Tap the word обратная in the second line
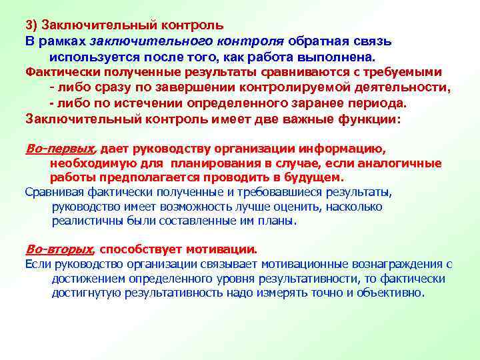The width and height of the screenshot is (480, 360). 314,41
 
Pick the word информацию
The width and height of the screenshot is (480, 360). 344,148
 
